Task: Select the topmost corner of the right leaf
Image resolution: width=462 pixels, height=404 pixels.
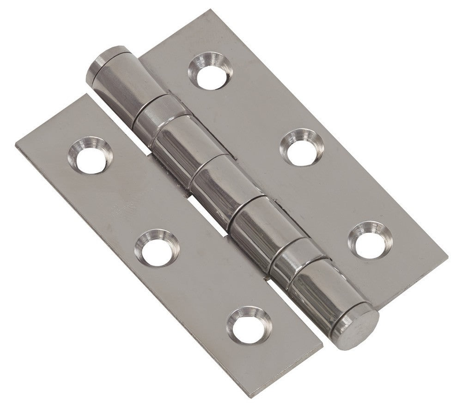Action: click(216, 10)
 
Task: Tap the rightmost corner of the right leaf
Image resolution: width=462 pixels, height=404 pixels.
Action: click(447, 253)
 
